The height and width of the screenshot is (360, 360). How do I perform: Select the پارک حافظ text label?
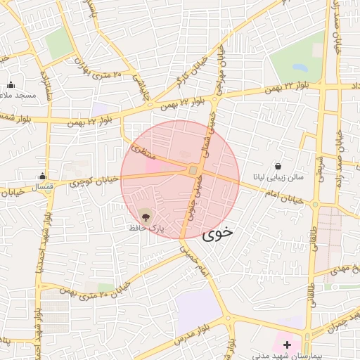coord(146,229)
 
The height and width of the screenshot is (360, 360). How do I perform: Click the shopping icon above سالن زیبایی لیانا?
coord(279,167)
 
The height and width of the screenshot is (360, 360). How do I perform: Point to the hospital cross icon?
coord(287,345)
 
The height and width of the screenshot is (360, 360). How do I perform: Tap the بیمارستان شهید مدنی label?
coord(286,356)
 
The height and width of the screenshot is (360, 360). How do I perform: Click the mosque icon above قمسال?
coord(43,177)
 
